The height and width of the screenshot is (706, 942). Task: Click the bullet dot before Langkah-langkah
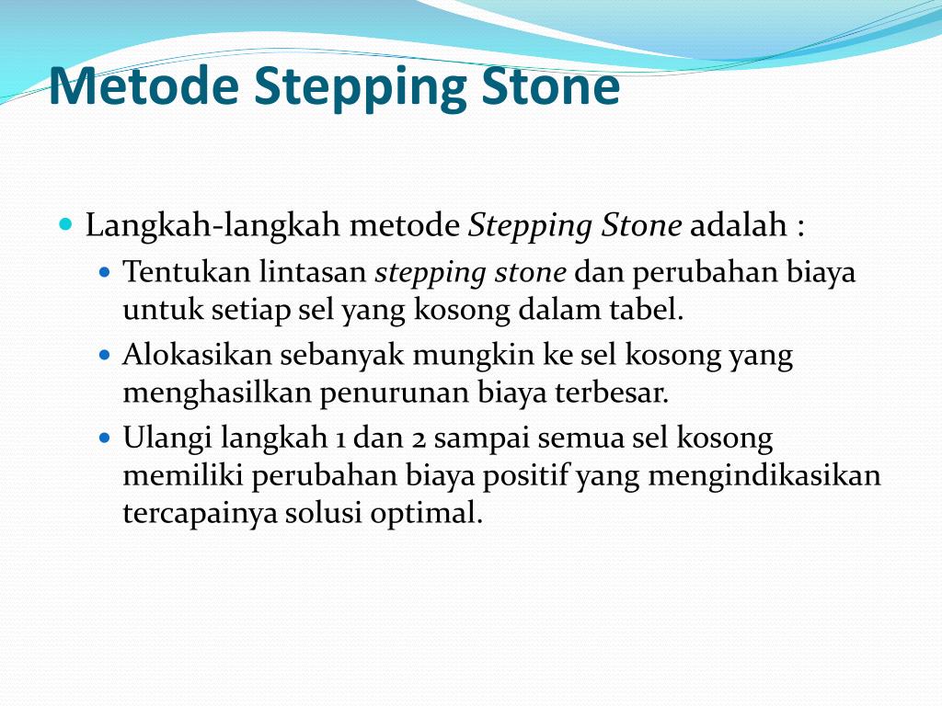[x=64, y=224]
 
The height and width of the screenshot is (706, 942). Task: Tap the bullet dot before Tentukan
[x=104, y=273]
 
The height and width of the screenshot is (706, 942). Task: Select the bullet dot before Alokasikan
[x=104, y=354]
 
